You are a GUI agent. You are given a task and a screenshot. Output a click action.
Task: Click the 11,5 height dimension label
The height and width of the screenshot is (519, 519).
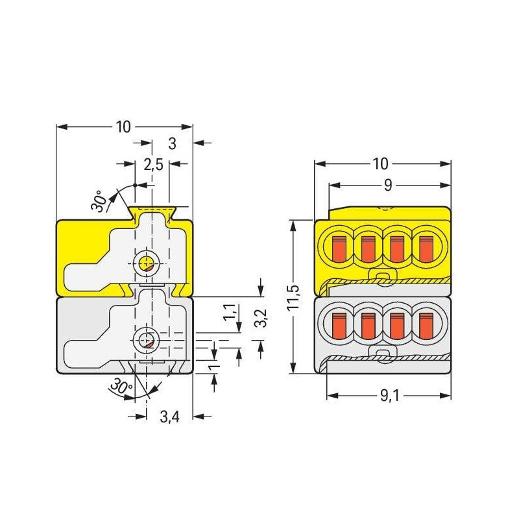coord(294,297)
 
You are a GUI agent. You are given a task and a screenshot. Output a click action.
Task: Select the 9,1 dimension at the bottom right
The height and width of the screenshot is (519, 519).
coord(390,395)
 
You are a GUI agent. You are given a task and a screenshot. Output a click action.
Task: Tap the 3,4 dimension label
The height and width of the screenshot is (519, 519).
coord(169,416)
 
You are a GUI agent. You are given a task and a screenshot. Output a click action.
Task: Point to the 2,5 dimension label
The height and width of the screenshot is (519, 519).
coord(153,164)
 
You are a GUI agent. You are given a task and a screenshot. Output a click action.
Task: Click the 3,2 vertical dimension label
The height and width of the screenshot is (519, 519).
coord(262,318)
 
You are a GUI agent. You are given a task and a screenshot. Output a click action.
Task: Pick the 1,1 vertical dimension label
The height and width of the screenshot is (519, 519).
coord(230,312)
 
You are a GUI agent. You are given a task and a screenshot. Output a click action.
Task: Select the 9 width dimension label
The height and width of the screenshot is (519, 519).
coord(388,185)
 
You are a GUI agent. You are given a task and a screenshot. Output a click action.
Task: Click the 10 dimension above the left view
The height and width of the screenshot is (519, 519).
coord(123,127)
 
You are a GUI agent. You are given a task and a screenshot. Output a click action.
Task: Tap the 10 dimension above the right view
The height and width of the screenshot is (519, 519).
coord(380,163)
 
